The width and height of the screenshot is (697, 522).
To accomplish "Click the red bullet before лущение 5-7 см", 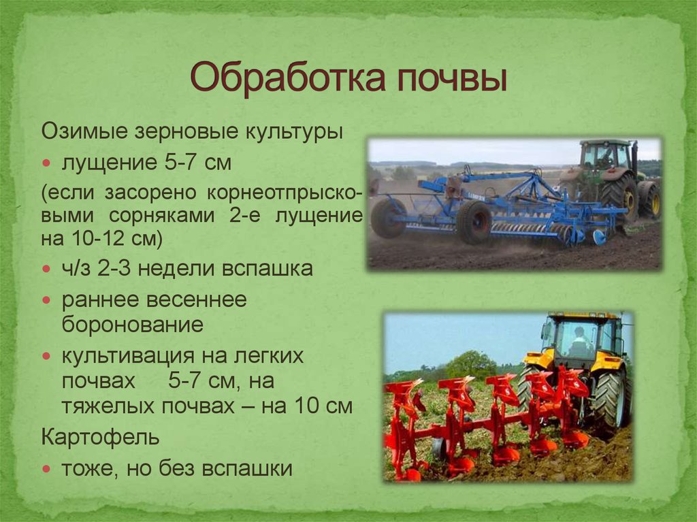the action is [47, 163].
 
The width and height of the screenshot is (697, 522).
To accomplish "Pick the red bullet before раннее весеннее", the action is [47, 300].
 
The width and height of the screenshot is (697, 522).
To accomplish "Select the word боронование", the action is [133, 325].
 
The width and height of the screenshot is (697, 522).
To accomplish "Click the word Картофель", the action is [101, 438].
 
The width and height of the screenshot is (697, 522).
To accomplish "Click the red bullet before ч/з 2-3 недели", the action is [47, 269].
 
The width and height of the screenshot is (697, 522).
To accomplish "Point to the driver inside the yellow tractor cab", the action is [579, 342].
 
